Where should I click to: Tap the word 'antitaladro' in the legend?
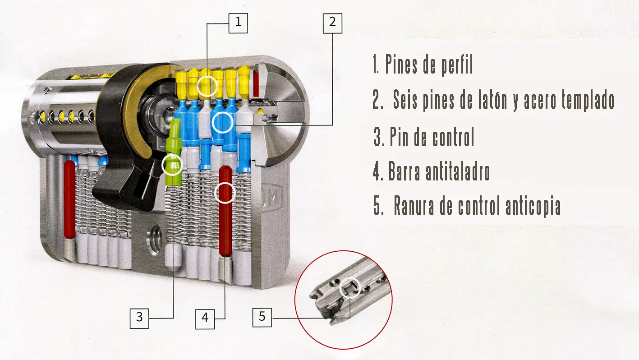tap(458, 171)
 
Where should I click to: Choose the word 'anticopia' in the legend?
tap(533, 206)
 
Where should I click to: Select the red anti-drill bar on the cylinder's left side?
tap(69, 199)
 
